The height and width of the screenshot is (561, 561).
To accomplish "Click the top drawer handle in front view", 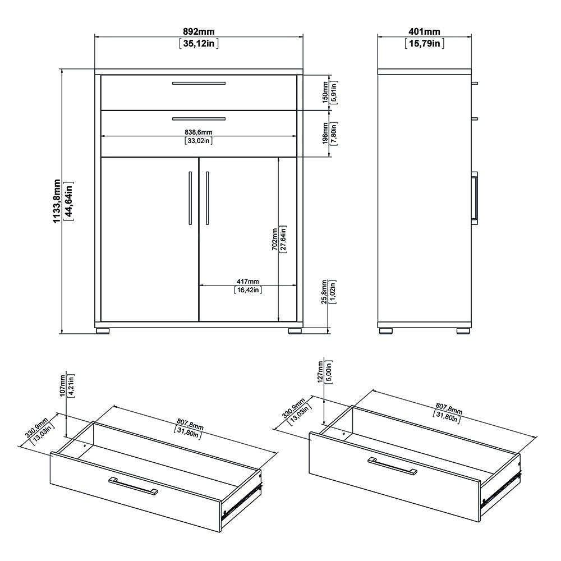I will point(199,84).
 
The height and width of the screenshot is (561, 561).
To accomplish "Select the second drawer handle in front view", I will point(199,118).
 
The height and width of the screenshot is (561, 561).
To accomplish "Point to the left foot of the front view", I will point(102,330).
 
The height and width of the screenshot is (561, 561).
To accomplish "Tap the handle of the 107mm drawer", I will point(134,486).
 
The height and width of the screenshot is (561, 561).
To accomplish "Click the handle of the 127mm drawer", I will point(392,466).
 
